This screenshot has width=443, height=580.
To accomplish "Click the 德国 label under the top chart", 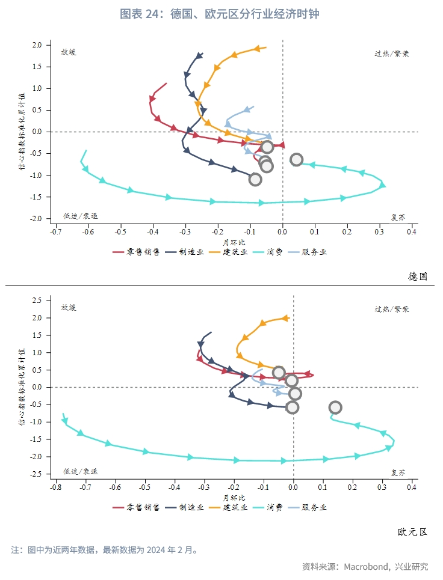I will pyautogui.click(x=417, y=276).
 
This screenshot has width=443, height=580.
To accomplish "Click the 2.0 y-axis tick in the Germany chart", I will pyautogui.click(x=37, y=45).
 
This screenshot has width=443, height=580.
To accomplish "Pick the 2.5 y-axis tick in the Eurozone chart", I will pyautogui.click(x=37, y=300).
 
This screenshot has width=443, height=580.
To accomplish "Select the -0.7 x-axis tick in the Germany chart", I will pyautogui.click(x=55, y=231).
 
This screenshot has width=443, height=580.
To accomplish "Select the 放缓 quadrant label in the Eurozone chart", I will pyautogui.click(x=69, y=308).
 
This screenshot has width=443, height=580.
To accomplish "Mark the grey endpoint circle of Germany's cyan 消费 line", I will pyautogui.click(x=296, y=160).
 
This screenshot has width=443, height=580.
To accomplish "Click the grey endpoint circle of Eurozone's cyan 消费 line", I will pyautogui.click(x=335, y=408).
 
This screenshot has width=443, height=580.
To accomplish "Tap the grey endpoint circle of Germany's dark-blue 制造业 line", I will pyautogui.click(x=255, y=179).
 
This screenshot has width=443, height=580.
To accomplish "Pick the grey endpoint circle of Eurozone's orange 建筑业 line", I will pyautogui.click(x=279, y=373).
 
